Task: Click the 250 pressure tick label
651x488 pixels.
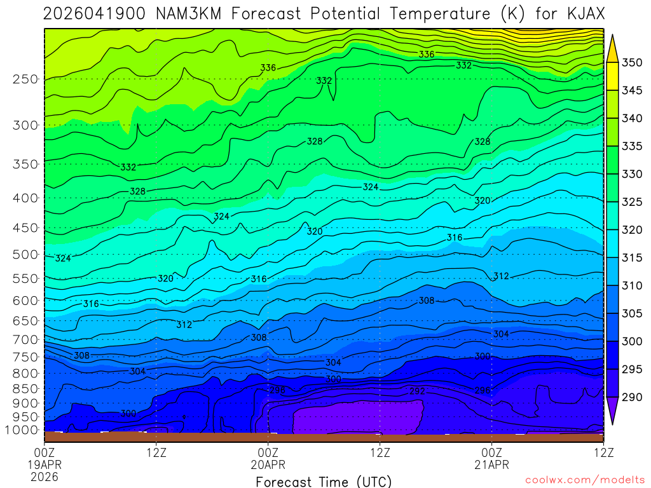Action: click(25, 79)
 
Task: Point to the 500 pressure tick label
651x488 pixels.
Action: click(25, 254)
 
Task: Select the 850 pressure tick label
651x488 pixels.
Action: click(25, 388)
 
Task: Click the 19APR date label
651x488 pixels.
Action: click(45, 464)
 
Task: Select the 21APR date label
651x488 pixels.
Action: click(492, 464)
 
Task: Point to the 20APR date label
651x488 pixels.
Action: click(268, 464)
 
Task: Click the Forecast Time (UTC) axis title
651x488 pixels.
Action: click(324, 482)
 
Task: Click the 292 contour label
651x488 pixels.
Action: click(418, 391)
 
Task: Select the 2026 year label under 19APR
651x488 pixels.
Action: click(45, 476)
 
